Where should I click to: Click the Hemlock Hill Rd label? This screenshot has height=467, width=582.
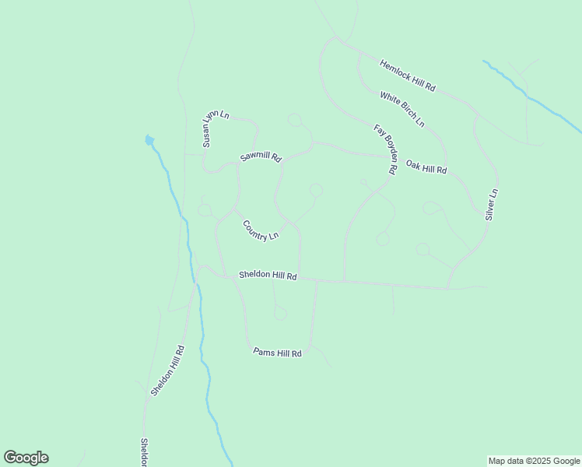click(x=407, y=75)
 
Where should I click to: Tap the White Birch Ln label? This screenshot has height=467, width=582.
click(x=401, y=110)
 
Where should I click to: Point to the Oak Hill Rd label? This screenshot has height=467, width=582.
click(x=426, y=164)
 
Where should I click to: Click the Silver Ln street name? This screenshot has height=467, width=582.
click(x=491, y=204)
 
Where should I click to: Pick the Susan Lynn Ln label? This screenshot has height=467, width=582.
click(x=216, y=128)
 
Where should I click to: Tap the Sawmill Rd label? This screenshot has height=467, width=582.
click(x=260, y=156)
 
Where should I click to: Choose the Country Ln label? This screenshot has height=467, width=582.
click(x=260, y=231)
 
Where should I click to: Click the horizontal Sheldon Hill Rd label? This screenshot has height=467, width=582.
click(x=268, y=276)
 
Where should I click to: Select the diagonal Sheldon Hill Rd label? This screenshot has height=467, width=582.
click(x=167, y=370)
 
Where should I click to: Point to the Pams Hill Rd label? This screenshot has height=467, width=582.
click(x=277, y=353)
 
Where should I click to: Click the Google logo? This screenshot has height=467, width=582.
click(x=26, y=458)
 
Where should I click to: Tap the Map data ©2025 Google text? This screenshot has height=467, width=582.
click(x=534, y=461)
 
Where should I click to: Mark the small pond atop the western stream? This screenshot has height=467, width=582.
click(x=149, y=141)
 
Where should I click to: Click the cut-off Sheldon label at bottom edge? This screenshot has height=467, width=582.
click(x=144, y=452)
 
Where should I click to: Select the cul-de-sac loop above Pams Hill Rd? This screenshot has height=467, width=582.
click(x=280, y=314)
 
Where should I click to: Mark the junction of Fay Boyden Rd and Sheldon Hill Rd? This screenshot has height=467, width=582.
click(x=344, y=282)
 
